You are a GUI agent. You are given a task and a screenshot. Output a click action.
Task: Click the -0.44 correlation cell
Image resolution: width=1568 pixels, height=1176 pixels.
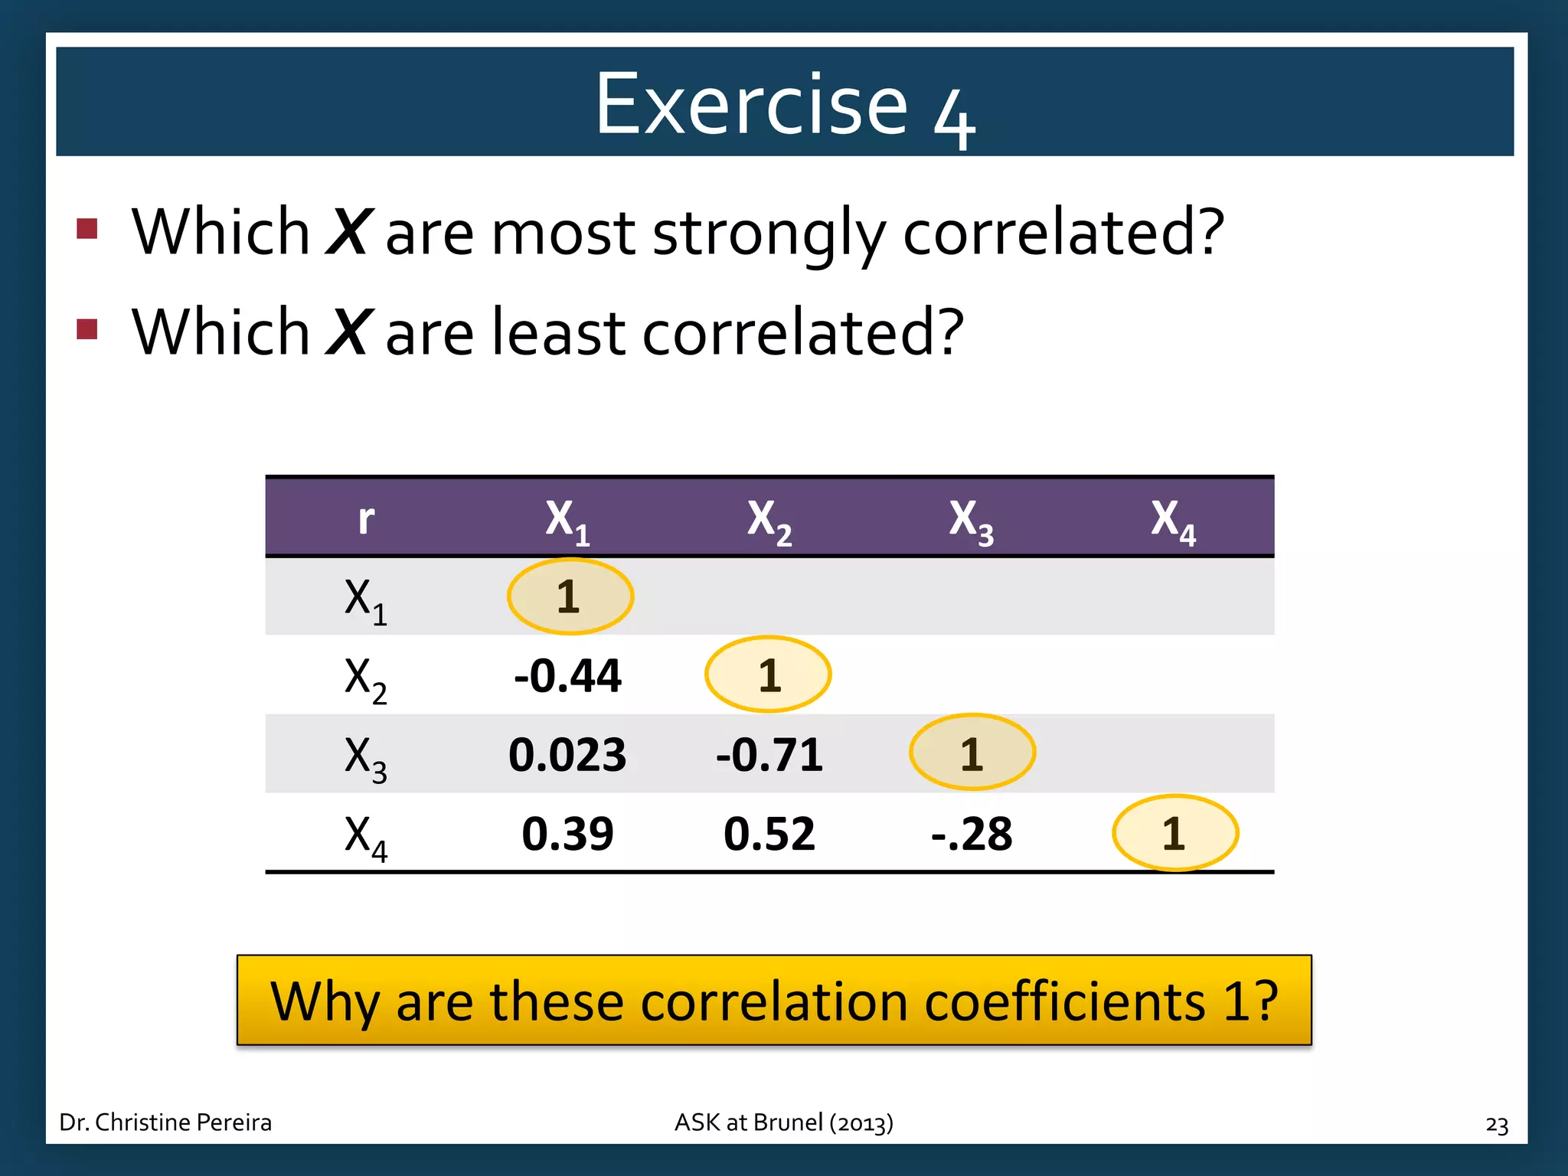point(567,676)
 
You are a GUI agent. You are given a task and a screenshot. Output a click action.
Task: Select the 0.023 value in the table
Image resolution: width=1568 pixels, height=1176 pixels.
point(567,755)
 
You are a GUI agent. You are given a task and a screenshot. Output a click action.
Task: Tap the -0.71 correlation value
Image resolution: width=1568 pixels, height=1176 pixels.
point(769,755)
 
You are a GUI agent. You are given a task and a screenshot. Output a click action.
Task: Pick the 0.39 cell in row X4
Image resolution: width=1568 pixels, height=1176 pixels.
point(567,834)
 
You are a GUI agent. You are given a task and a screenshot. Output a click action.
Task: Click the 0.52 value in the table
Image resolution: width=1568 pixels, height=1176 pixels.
point(769,834)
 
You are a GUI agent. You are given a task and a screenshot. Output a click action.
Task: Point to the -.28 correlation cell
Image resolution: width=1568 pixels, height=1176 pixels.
point(971,834)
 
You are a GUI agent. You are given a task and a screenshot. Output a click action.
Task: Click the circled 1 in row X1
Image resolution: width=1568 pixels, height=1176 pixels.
point(570,596)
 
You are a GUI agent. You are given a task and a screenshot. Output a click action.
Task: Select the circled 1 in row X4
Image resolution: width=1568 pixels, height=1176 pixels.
point(1174,833)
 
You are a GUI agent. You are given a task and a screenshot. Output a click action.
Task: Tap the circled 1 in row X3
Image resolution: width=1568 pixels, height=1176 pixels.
point(972,753)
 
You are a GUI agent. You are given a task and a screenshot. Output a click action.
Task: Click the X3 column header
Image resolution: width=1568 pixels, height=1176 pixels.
point(971,521)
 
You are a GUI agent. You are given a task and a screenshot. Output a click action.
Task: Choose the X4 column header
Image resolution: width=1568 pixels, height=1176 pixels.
point(1172,521)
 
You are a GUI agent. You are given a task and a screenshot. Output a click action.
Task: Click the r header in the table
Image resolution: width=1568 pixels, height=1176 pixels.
point(366,520)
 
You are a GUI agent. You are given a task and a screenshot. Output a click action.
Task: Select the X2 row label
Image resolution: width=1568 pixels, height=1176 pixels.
point(365,678)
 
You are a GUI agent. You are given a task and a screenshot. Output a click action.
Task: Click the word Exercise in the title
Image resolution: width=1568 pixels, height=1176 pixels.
point(751,104)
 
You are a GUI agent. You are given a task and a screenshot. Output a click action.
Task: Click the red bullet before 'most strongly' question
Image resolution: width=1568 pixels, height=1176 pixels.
point(87,228)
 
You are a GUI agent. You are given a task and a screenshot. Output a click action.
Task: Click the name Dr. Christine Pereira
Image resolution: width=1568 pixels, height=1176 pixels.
point(165,1122)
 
